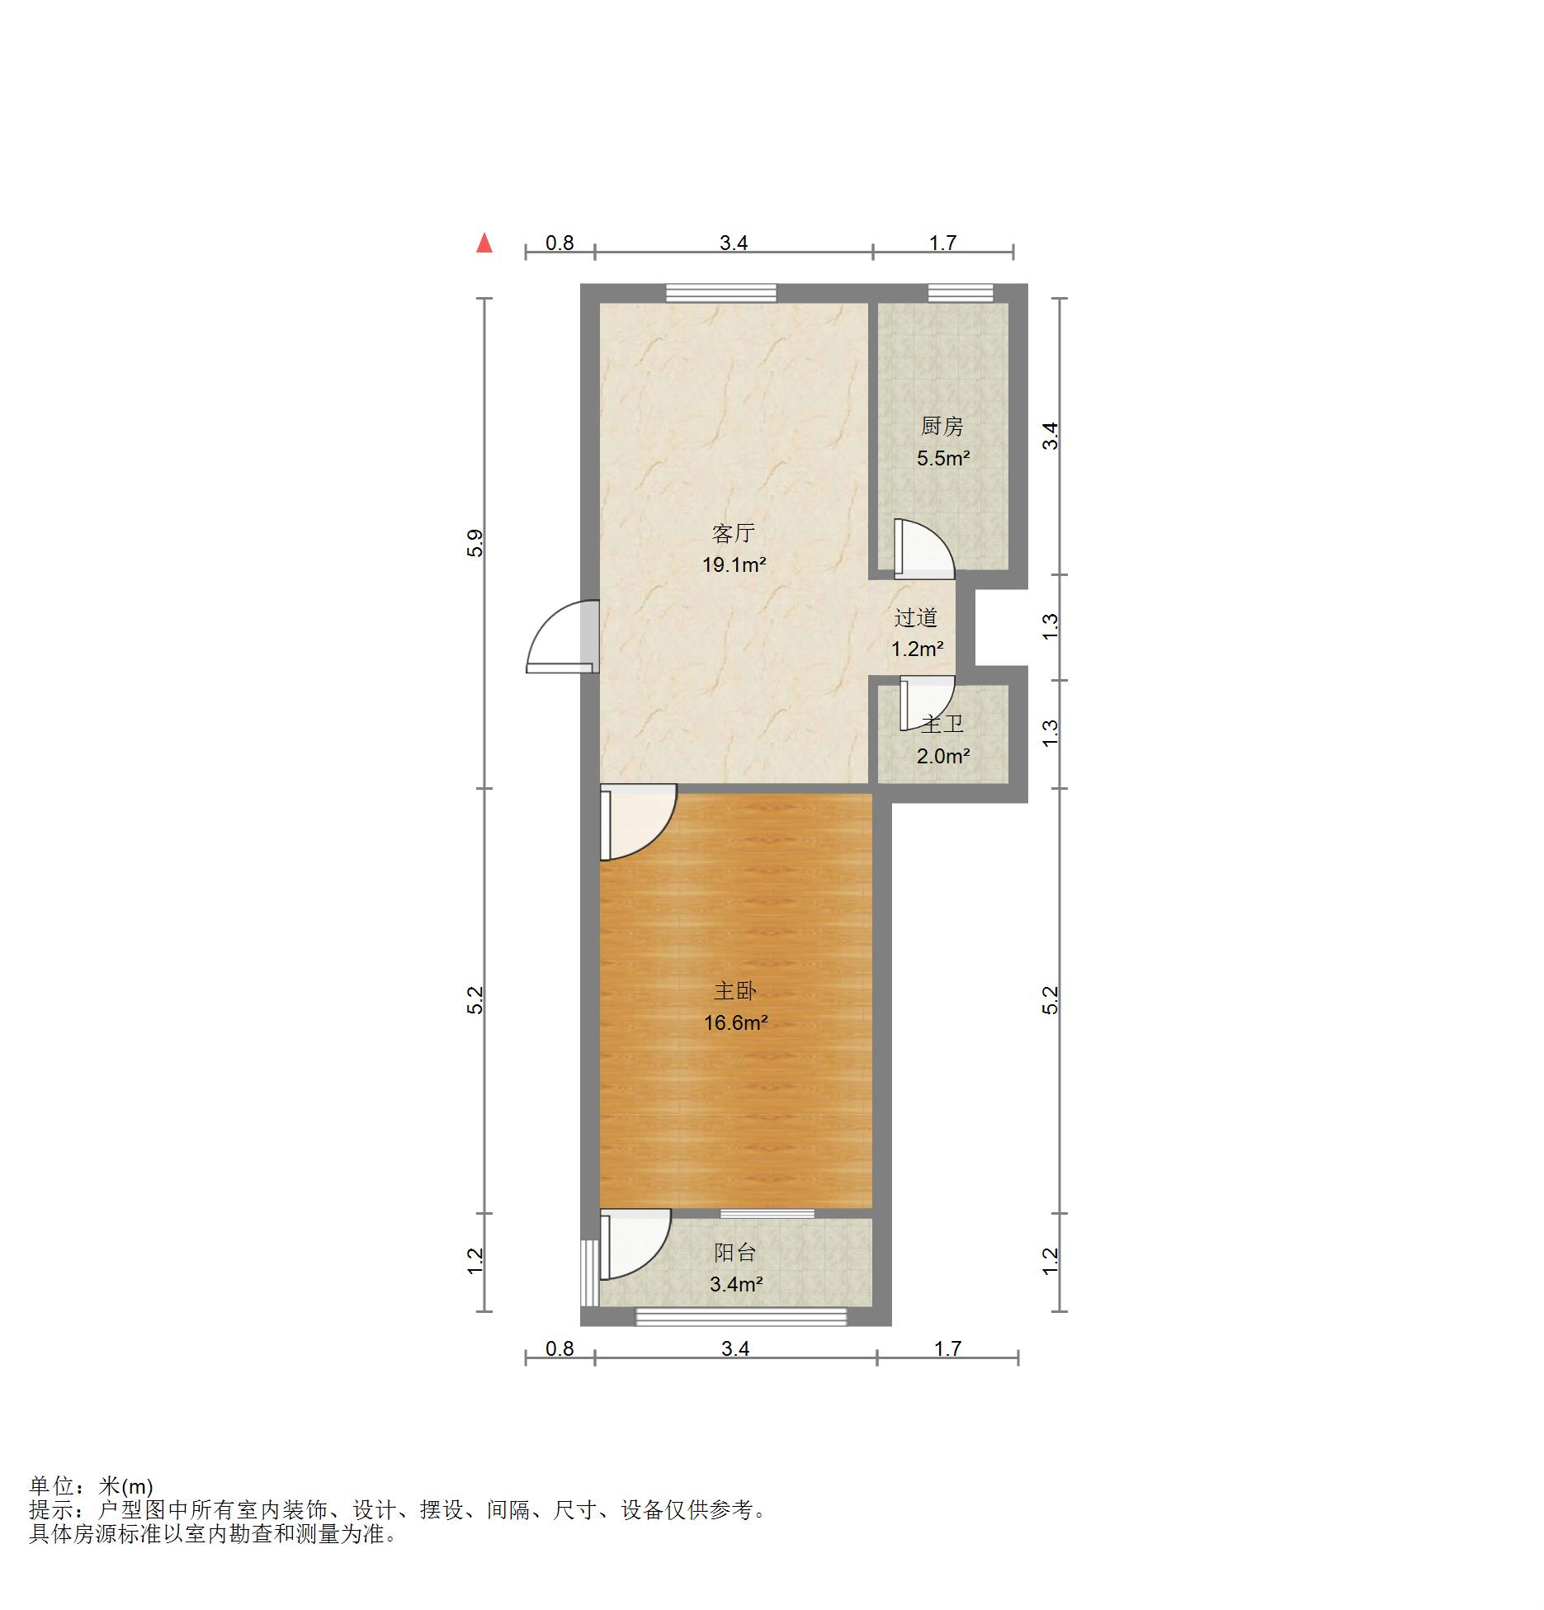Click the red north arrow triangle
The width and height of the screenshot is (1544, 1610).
484,243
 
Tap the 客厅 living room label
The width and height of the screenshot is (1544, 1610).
733,533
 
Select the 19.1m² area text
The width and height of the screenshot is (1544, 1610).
734,565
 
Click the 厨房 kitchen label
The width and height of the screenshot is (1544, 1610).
942,427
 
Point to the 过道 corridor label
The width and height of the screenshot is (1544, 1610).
916,617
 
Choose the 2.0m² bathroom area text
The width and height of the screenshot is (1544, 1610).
942,756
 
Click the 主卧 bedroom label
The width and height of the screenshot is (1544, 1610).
734,991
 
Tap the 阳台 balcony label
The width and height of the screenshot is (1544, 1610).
734,1253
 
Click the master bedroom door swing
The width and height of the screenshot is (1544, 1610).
635,822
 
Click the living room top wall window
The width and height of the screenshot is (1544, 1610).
721,293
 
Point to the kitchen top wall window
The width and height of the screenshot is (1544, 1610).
960,293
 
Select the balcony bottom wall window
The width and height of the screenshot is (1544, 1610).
740,1316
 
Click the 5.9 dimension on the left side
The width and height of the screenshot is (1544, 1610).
475,543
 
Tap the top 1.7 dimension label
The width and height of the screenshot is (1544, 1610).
942,243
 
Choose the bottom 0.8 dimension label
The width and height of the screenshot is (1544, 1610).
560,1348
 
